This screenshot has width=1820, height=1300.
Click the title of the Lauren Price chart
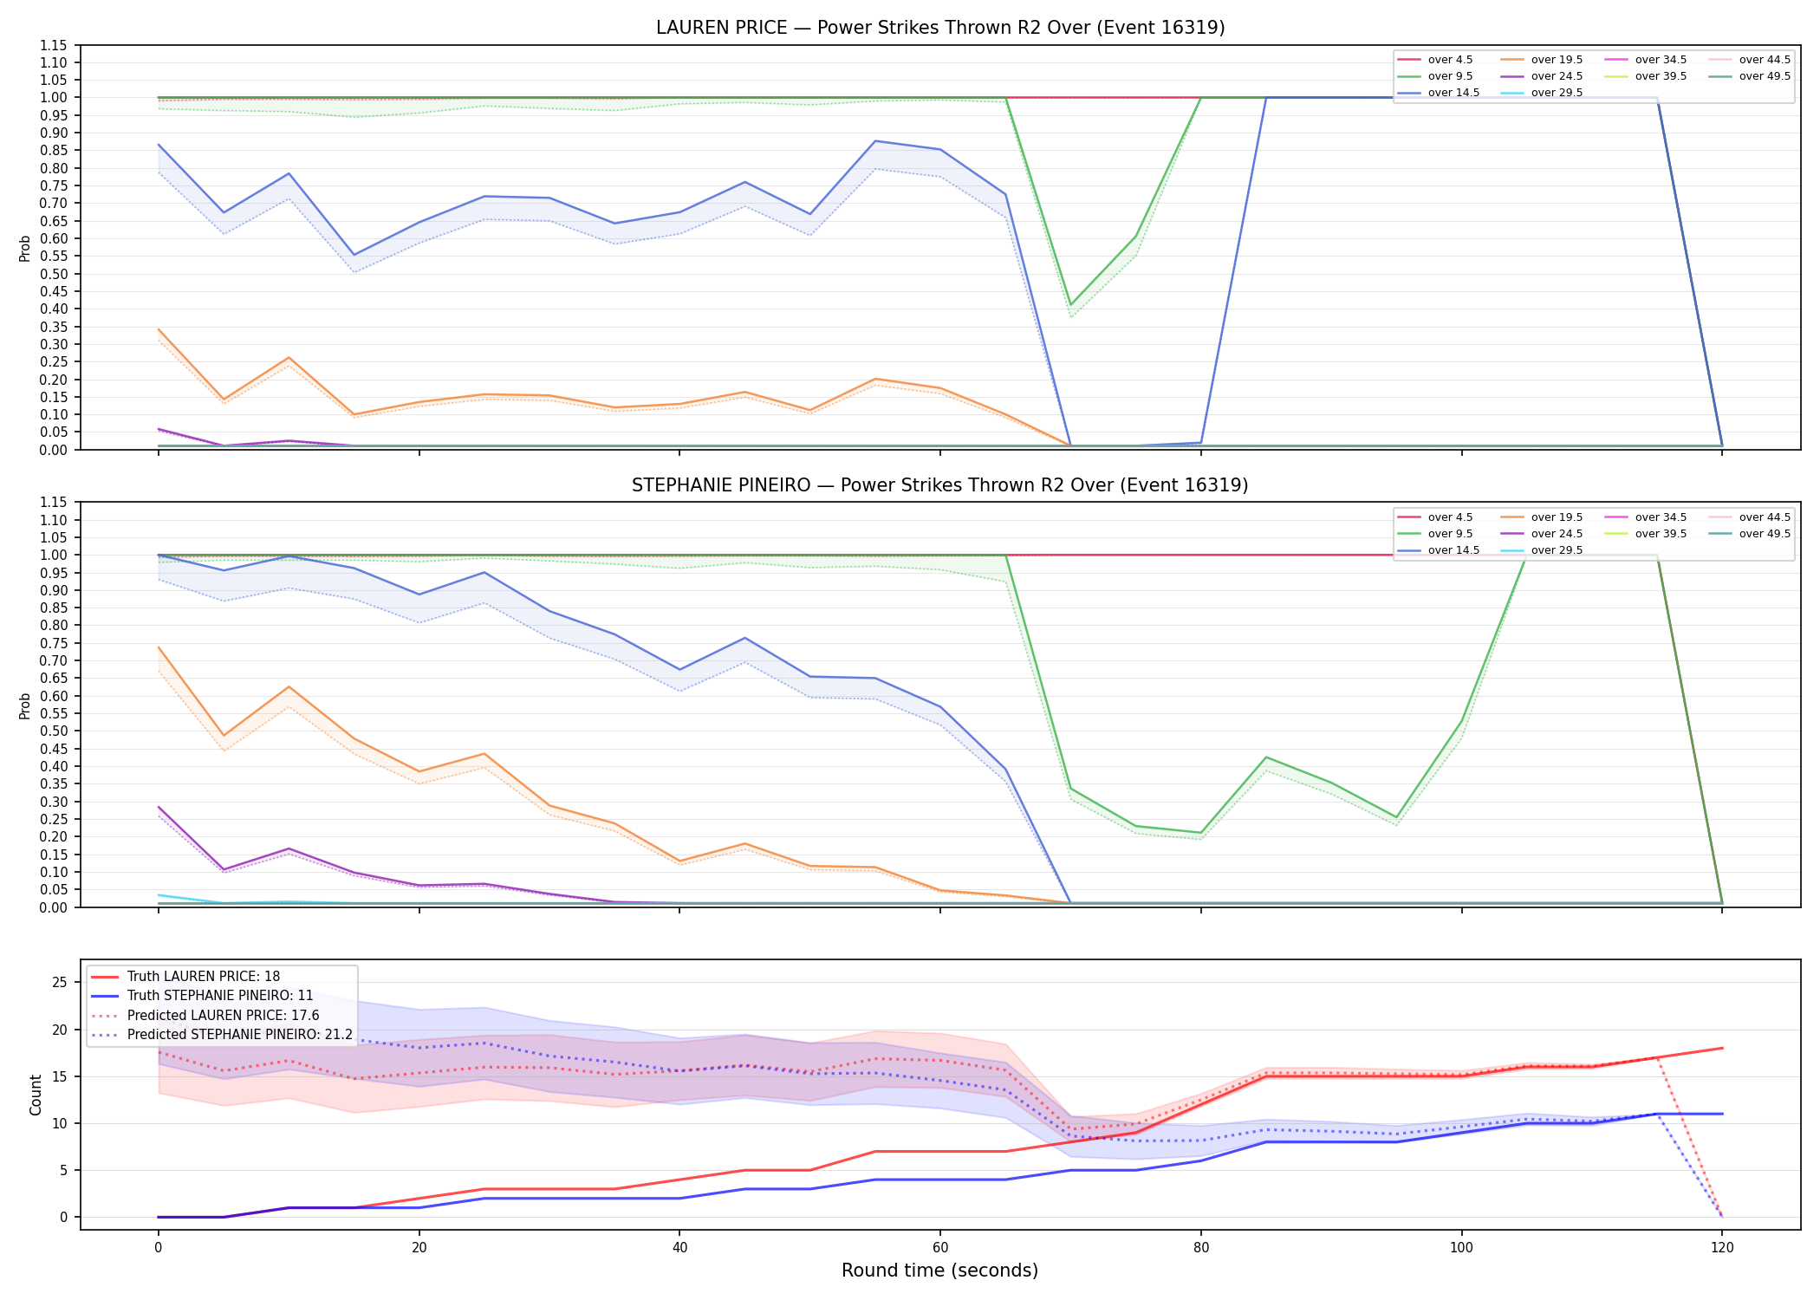[x=940, y=28]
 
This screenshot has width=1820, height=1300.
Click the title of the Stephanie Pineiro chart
[x=940, y=485]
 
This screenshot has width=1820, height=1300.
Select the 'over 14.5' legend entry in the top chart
[x=1439, y=93]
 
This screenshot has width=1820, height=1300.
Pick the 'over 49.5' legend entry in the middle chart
[x=1750, y=534]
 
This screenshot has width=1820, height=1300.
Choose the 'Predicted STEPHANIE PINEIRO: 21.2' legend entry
[x=222, y=1035]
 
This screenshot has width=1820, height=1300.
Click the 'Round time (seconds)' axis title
[x=940, y=1271]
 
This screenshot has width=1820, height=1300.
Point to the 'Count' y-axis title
[x=36, y=1095]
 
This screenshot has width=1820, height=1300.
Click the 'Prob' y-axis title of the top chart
[x=25, y=248]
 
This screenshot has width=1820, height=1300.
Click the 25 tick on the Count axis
[x=60, y=982]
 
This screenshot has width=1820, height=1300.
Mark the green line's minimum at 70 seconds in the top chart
[x=1070, y=305]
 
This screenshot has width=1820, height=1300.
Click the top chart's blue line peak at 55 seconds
[x=875, y=140]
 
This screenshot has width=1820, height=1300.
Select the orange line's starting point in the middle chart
[x=159, y=647]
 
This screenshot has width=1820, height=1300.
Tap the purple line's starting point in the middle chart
[x=159, y=807]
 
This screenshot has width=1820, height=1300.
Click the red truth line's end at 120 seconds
[x=1722, y=1049]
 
